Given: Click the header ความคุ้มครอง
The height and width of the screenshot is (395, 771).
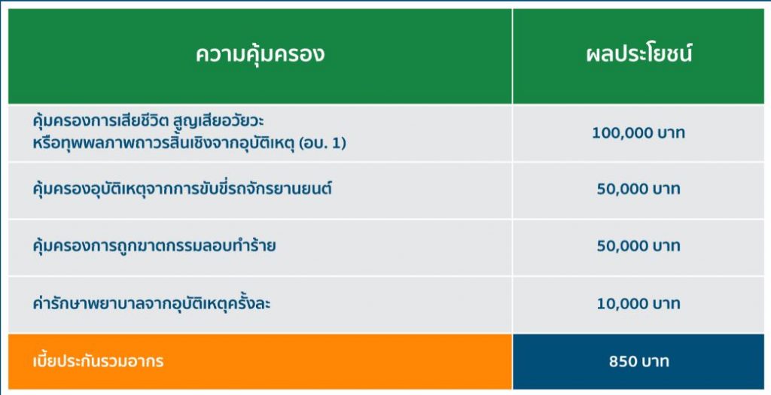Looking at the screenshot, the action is coord(260,53).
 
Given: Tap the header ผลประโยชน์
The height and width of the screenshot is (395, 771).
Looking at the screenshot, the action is coord(638,53).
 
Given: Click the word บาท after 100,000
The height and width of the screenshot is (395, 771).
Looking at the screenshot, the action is coord(666,133).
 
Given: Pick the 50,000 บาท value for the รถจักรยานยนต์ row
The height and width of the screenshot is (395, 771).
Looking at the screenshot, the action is coord(638,189).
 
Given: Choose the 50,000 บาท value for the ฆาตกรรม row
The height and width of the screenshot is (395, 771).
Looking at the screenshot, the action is coord(638,245).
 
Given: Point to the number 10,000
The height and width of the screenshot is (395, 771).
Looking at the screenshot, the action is coord(620,304).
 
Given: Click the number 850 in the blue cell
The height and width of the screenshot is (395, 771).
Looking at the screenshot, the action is coord(623,362).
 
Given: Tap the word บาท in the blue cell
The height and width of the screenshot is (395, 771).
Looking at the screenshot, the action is coord(656,362).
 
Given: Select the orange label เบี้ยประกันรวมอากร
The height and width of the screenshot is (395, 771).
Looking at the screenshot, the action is coord(98,361).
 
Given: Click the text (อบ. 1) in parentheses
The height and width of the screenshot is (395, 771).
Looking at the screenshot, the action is coord(322,144).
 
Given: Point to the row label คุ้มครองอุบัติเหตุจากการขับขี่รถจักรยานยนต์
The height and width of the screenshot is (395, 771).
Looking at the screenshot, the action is coord(182,188).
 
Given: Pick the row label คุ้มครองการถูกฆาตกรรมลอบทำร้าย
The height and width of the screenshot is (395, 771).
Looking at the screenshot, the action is coord(154,245).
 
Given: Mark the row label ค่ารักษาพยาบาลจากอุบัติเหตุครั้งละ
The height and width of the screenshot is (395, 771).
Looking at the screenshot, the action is coord(151,303).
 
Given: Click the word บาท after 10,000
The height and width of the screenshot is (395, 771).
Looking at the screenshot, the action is coord(665,304).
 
